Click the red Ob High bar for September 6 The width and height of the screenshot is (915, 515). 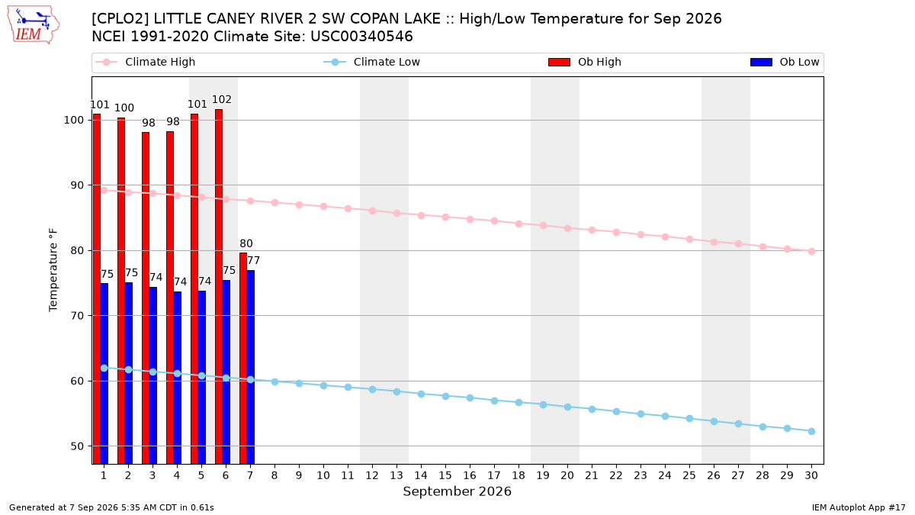(219, 287)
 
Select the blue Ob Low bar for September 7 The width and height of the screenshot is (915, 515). (250, 367)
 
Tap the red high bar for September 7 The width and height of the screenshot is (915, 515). (243, 358)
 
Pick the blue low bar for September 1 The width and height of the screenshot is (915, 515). (104, 374)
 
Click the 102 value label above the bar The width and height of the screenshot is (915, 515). (222, 99)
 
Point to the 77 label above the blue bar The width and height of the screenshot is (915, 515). (253, 260)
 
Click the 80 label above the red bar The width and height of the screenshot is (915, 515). (246, 243)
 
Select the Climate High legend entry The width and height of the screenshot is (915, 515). (146, 62)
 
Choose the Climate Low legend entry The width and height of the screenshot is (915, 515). (372, 62)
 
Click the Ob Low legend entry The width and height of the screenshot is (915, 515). (785, 62)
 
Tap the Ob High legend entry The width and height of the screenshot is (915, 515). (585, 62)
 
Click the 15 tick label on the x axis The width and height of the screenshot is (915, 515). (445, 475)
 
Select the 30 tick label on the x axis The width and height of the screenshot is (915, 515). (811, 475)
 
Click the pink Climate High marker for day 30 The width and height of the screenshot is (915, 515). (811, 251)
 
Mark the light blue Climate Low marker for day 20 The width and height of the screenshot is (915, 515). (567, 407)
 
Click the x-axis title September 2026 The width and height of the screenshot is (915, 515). (457, 491)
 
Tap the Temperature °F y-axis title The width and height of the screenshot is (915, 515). (53, 270)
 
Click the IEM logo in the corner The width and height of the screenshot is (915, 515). (33, 25)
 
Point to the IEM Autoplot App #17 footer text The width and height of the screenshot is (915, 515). (859, 507)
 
